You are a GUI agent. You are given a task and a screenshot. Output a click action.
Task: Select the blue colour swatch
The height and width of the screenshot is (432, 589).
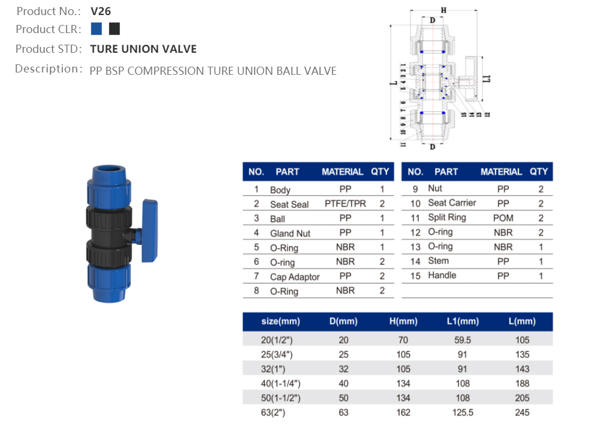click(x=96, y=29)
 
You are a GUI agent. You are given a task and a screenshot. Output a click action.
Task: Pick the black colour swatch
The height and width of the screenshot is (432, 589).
click(x=114, y=29)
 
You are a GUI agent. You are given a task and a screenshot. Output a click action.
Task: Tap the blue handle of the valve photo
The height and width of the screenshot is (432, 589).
click(x=149, y=219)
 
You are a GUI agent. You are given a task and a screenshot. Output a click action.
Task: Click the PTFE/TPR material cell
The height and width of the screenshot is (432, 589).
click(x=345, y=204)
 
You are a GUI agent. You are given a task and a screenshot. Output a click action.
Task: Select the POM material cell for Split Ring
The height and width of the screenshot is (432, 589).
click(x=503, y=218)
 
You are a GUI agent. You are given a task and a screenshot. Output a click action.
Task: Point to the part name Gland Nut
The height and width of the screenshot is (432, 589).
click(x=290, y=233)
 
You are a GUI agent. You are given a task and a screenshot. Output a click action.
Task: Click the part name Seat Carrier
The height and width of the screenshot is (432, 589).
click(x=451, y=203)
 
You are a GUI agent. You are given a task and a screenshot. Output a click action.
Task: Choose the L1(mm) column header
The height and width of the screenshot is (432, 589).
click(x=462, y=321)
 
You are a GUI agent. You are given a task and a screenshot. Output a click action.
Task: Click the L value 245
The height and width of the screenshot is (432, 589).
click(x=522, y=412)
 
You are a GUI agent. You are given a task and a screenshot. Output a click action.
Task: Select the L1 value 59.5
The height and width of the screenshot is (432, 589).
click(x=462, y=340)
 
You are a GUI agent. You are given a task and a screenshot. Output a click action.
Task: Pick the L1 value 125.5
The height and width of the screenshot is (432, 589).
click(x=462, y=412)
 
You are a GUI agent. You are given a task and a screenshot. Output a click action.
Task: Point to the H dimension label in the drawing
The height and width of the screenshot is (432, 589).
click(x=443, y=10)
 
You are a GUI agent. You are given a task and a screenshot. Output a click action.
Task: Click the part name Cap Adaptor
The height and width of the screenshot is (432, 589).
click(x=294, y=277)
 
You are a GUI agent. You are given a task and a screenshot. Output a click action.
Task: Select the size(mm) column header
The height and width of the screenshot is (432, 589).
click(x=281, y=321)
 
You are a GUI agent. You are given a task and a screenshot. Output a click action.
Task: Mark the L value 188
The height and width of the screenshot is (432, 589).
click(x=522, y=383)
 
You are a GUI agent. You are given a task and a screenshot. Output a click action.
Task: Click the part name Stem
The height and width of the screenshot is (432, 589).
click(x=438, y=261)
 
